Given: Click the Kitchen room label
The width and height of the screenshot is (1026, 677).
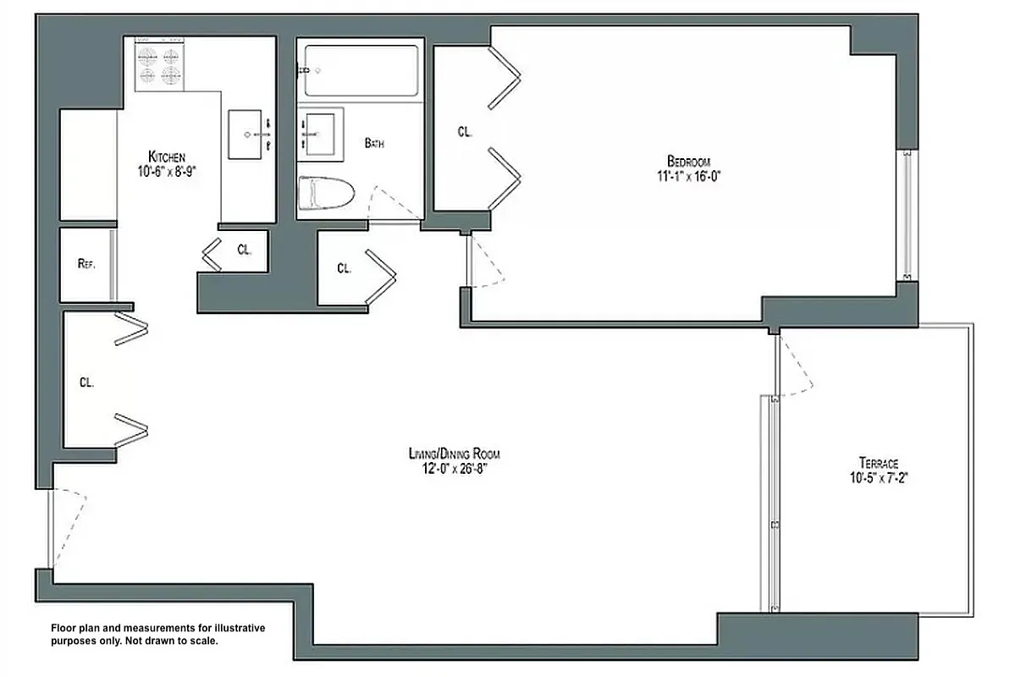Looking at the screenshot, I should click(167, 157).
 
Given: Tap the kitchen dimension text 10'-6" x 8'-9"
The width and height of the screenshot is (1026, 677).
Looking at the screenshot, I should click(167, 170).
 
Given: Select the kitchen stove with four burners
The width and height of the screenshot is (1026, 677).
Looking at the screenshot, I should click(159, 66).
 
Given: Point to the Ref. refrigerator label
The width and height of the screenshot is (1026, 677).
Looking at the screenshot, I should click(85, 263).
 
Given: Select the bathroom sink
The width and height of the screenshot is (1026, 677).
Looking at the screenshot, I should click(321, 134).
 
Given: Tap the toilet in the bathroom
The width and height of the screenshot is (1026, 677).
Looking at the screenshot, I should click(328, 194).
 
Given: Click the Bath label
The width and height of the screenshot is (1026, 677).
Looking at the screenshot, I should click(374, 143).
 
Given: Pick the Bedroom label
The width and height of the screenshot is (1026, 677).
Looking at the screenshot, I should click(688, 162).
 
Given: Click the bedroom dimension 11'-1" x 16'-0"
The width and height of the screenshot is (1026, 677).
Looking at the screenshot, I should click(688, 176).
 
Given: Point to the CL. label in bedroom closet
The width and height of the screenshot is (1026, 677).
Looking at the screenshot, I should click(465, 132).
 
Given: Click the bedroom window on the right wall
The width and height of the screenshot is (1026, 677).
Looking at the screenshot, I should click(907, 215).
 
